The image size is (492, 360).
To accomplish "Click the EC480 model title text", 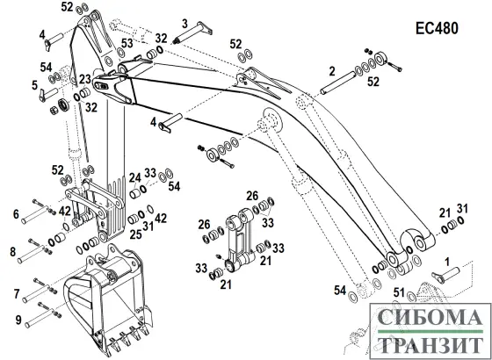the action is coord(437,28).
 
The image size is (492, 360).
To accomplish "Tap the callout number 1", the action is coord(447,262).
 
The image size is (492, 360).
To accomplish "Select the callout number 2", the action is coord(333,72).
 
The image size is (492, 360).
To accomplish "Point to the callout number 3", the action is coord(184,24).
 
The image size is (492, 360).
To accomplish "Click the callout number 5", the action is coord(35,85).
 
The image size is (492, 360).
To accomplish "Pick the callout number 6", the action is coord(16,214).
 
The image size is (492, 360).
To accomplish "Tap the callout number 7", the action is coord(17,294).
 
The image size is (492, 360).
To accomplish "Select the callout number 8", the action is coord(13,252).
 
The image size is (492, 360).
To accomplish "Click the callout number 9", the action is coord(18,320).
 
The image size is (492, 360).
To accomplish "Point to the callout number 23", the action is coord(84,79).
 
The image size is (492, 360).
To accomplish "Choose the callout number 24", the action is coord(135,178).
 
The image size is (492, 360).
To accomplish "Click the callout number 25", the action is coord(136,234).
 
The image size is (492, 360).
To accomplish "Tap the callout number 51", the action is coord(399,293).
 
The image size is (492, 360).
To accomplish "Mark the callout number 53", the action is coord(127,44).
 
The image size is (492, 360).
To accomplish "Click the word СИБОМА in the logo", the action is coord(430,317).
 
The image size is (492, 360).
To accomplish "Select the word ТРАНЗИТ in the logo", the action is coord(430,346).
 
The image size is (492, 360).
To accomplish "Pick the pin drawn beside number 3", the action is coord(192,32).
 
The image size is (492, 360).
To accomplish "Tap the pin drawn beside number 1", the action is coord(445,273).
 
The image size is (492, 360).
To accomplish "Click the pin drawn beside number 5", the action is coord(49,94).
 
